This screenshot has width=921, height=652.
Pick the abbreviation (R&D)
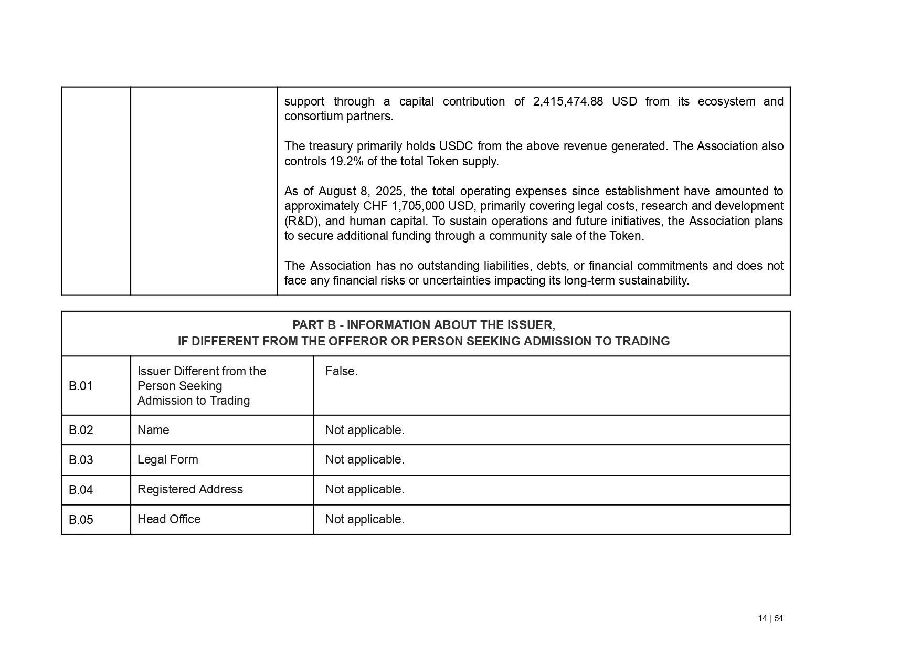pos(301,221)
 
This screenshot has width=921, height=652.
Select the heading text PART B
pos(314,325)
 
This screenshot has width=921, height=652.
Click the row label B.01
pos(81,386)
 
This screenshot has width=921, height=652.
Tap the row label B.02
pos(81,430)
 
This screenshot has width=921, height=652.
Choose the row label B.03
pos(81,460)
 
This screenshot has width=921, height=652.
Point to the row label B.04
pos(81,490)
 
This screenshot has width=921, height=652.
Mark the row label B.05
pos(81,520)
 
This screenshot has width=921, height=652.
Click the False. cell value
pos(341,371)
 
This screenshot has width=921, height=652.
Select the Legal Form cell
pos(168,460)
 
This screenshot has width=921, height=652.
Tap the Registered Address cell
pos(190,489)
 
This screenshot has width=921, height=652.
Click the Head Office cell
pos(169,519)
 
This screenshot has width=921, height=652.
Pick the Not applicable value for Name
pos(365,430)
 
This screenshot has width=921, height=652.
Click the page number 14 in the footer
pos(763,618)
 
